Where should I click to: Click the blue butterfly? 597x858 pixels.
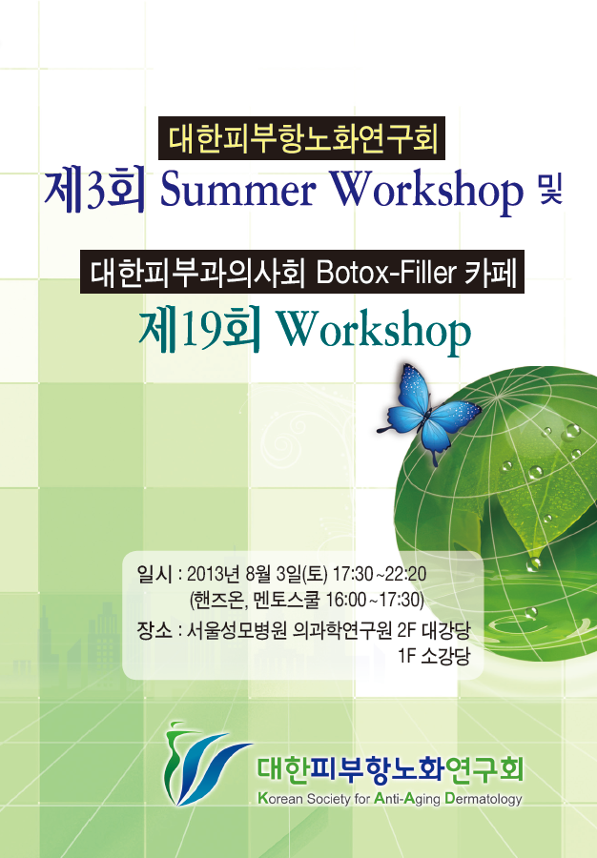(428, 413)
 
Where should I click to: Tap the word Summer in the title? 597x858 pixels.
(238, 191)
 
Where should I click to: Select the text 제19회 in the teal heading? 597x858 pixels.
(199, 331)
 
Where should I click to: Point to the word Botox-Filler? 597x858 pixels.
(386, 272)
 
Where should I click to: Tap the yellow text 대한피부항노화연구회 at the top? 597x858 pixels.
(303, 138)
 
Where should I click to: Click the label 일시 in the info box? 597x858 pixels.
(154, 574)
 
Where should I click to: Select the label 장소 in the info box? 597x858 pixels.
(154, 630)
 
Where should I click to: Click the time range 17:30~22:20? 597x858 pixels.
(380, 574)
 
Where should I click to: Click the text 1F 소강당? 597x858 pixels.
(434, 656)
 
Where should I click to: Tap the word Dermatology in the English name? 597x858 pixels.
(484, 799)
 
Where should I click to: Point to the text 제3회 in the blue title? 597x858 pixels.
(95, 191)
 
